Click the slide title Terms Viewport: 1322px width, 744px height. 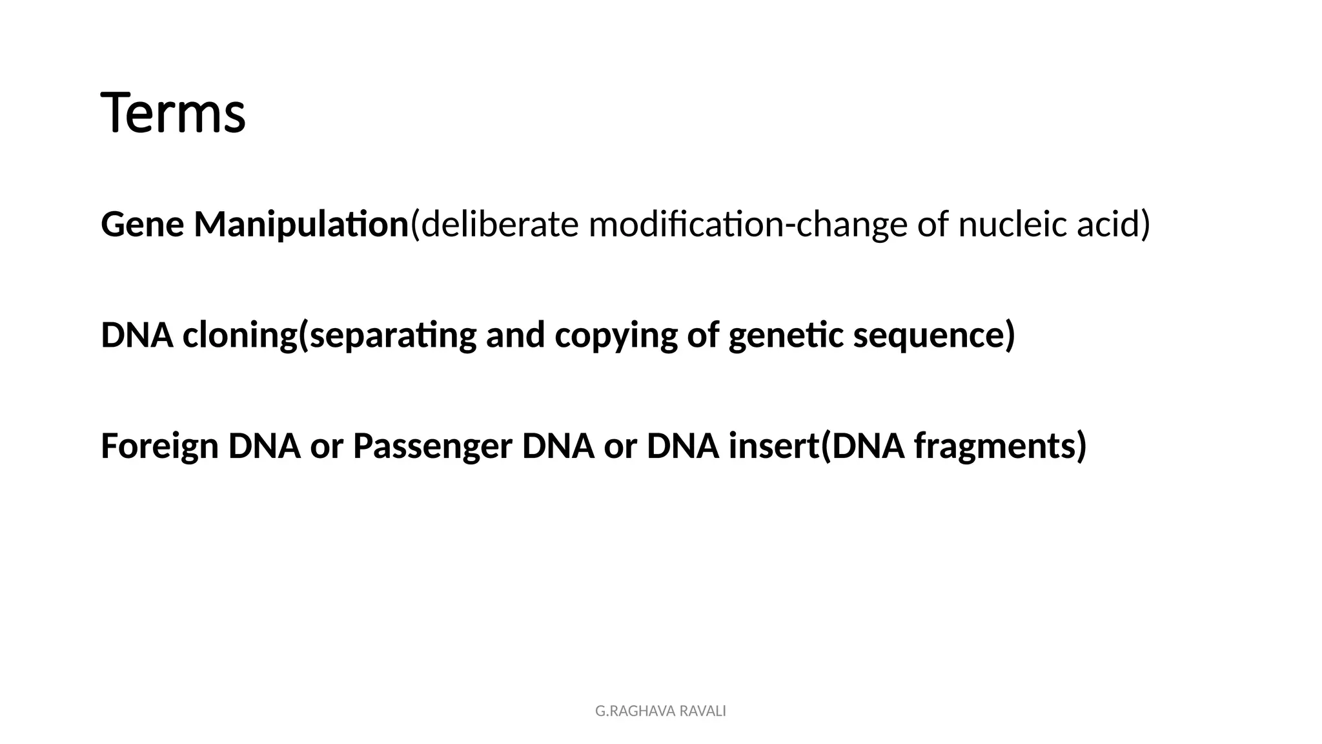tap(173, 114)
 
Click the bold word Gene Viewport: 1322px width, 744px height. tap(142, 225)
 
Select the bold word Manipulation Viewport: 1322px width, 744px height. tap(301, 225)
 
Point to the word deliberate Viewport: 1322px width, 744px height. tap(500, 225)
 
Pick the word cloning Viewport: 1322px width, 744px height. tap(239, 335)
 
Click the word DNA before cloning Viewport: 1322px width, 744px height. tap(137, 335)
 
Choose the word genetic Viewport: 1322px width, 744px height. tap(786, 335)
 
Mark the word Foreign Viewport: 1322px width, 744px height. tap(159, 446)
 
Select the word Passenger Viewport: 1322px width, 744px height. tap(432, 446)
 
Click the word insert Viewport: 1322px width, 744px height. tap(773, 446)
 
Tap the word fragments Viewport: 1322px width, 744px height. tap(995, 446)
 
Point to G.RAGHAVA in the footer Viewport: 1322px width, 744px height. tap(635, 711)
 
